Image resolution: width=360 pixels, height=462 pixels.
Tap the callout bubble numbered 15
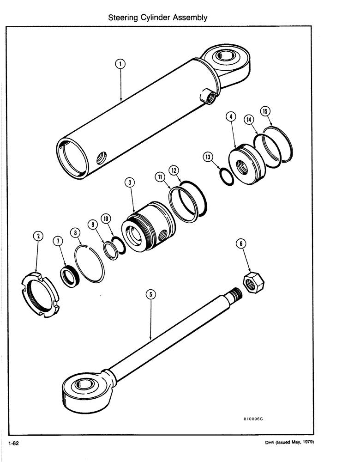coord(265,111)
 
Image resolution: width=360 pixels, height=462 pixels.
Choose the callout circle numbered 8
coord(75,234)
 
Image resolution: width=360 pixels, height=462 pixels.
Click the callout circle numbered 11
coord(159,177)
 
